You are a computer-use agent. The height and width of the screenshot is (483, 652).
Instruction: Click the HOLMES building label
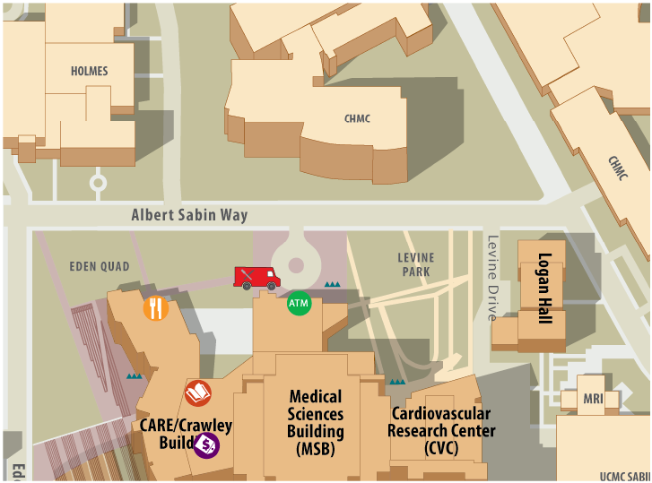(x=89, y=71)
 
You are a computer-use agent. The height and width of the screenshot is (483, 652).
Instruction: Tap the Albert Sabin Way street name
(x=189, y=215)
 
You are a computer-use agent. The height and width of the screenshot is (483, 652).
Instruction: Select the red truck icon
(x=256, y=278)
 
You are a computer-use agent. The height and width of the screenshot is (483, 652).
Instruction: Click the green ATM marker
(x=299, y=303)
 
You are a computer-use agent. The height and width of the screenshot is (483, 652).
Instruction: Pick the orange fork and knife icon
(x=156, y=308)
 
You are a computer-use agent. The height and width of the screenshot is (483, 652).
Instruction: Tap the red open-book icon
(x=198, y=393)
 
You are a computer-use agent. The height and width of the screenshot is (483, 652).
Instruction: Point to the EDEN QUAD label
(x=100, y=266)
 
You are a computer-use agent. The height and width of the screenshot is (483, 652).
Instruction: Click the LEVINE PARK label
(x=415, y=264)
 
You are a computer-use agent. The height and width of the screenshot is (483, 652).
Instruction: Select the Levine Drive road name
(x=491, y=278)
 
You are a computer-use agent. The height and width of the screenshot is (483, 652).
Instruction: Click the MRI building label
(x=593, y=397)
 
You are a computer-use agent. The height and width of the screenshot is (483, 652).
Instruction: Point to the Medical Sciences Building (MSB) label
(x=316, y=423)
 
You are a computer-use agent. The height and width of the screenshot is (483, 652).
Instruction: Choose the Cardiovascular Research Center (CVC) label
(x=441, y=430)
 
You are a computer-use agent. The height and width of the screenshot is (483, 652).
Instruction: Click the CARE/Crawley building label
(x=185, y=434)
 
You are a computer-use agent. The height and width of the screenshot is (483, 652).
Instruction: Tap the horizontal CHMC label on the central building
(x=357, y=118)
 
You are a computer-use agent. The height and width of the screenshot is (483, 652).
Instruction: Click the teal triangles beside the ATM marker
(x=332, y=284)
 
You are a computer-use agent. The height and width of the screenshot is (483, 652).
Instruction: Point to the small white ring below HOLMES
(x=98, y=183)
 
